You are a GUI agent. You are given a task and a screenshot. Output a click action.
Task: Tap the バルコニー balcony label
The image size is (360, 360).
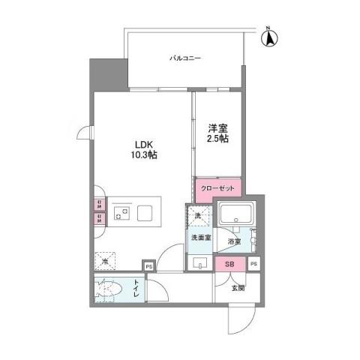[x=183, y=57]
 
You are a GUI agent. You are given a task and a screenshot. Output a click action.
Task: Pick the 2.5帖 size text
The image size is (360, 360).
[x=218, y=139]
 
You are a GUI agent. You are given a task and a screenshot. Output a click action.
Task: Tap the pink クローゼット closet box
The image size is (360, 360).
[x=217, y=188]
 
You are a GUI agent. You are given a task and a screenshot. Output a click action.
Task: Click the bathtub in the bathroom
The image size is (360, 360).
[x=237, y=216]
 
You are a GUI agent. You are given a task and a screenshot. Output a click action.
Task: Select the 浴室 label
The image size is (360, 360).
[x=234, y=241]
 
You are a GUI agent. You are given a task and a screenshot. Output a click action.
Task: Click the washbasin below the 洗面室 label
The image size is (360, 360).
[x=199, y=262]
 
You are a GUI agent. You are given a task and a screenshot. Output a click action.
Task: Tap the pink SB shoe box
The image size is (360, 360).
[x=229, y=264]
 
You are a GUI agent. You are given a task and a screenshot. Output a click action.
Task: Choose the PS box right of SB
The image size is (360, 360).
[x=253, y=264]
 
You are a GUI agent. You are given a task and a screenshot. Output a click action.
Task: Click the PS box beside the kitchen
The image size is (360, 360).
[x=148, y=265]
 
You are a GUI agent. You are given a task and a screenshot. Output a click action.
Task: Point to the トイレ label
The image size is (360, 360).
[x=136, y=289]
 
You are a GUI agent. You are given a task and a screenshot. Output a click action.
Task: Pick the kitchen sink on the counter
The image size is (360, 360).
[x=143, y=214]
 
